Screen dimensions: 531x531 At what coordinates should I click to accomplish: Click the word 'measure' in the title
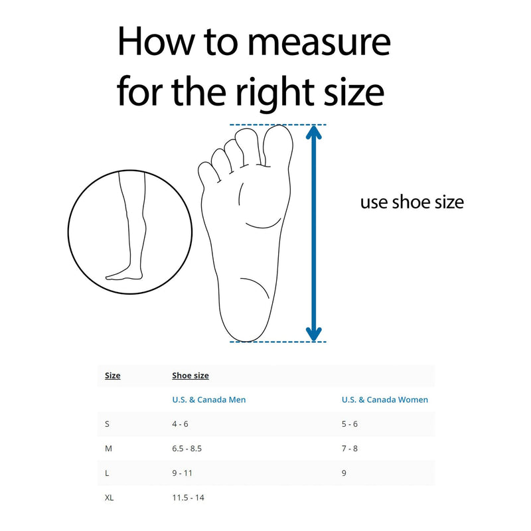(319, 43)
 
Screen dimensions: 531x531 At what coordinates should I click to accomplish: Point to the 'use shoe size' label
(412, 202)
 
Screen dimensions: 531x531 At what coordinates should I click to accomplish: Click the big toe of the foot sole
(277, 145)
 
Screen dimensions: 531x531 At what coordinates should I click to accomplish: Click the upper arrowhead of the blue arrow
(313, 132)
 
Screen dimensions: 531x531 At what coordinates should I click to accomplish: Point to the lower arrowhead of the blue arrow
(313, 335)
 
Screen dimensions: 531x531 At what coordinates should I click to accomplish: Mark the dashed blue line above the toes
(277, 125)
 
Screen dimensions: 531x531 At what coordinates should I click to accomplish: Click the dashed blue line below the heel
(277, 342)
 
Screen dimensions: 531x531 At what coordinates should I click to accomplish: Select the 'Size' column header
(112, 376)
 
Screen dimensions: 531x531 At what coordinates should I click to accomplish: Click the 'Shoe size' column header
(190, 376)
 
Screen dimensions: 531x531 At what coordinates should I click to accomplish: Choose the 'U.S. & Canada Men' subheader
(209, 400)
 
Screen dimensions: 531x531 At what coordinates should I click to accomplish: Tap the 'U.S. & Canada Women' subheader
(385, 400)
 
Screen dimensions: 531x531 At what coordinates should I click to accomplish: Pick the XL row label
(109, 497)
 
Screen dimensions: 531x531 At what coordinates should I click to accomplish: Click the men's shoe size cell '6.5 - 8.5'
(187, 449)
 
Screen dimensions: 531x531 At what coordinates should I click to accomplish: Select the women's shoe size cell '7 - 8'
(350, 449)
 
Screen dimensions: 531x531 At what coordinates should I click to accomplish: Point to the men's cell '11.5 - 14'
(189, 497)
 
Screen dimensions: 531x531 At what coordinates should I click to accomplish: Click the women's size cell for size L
(344, 473)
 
